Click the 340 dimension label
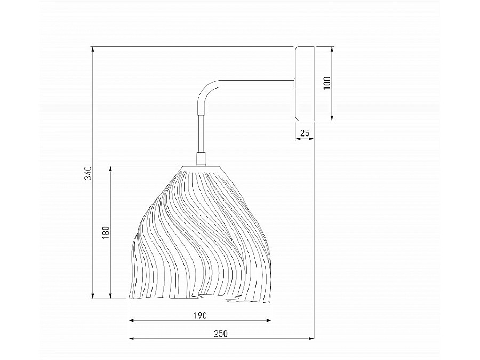(87, 173)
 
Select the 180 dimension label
(106, 233)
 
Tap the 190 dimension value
(200, 315)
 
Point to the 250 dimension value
(221, 333)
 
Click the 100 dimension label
(327, 83)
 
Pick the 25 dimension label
(305, 133)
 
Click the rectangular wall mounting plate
(305, 83)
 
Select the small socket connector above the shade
(201, 158)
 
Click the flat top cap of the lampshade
(202, 167)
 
